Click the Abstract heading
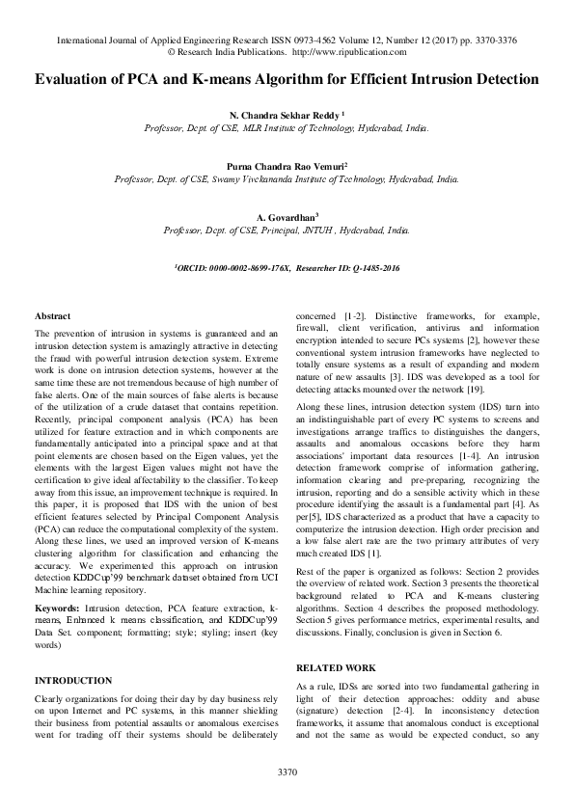tap(52, 316)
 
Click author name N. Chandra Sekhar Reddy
tap(286, 113)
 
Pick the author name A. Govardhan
tap(287, 219)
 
